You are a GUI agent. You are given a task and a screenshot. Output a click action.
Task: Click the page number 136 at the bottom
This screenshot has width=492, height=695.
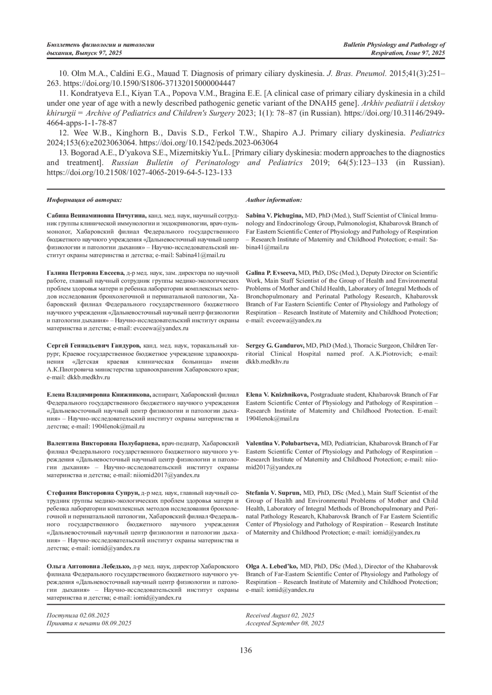[x=246, y=650]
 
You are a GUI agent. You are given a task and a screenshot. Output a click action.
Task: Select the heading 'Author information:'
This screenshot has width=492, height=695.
[x=274, y=200]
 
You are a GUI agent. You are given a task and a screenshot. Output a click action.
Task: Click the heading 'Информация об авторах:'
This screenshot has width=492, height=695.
[x=84, y=200]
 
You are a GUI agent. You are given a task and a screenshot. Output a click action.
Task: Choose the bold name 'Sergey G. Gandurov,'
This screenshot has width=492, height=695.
[x=275, y=346]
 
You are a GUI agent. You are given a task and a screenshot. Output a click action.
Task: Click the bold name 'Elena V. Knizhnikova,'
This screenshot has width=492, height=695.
[x=277, y=395]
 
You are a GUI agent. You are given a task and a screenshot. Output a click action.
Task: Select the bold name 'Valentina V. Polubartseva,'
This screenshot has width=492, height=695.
[x=282, y=444]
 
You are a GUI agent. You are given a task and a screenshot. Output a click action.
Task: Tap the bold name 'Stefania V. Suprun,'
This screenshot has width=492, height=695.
[x=273, y=493]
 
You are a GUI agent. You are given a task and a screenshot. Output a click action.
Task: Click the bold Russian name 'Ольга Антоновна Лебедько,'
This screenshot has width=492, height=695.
[x=89, y=566]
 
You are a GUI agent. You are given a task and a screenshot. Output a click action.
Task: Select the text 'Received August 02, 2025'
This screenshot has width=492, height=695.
[x=280, y=616]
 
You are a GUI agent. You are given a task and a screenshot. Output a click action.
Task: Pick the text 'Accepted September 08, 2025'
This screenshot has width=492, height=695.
[x=285, y=623]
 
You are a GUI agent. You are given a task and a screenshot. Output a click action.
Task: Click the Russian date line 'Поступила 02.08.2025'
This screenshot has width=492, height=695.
[x=78, y=616]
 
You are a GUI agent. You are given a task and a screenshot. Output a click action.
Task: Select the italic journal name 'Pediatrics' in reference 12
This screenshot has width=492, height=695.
[x=428, y=133]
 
